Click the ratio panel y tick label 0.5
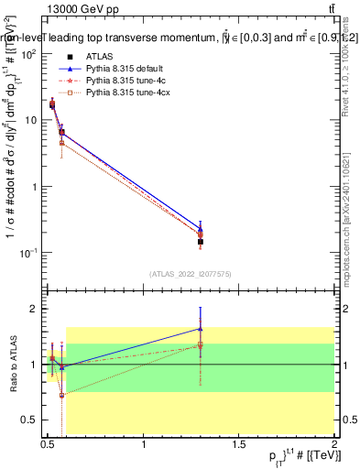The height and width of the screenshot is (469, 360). [29, 420]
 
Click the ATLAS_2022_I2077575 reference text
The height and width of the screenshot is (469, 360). [190, 274]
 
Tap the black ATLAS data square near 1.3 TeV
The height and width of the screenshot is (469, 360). [201, 242]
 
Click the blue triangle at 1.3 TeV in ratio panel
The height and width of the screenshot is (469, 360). [201, 328]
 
